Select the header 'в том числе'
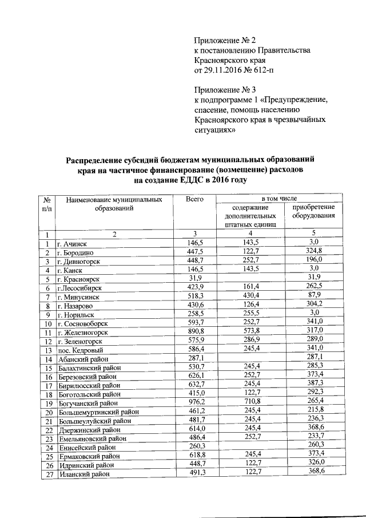point(274,198)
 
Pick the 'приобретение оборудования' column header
point(313,212)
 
